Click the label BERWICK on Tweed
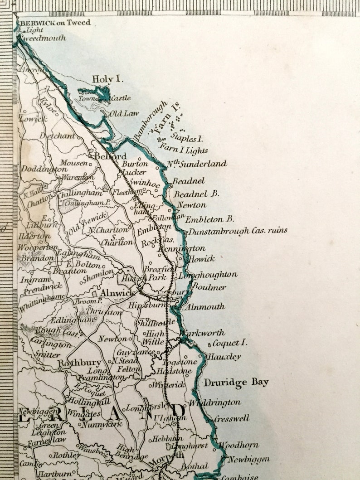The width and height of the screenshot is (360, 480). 54,23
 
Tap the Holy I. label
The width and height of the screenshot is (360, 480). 107,79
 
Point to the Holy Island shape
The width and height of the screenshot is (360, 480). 101,93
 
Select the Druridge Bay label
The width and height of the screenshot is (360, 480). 236,383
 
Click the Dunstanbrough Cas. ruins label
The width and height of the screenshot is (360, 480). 238,231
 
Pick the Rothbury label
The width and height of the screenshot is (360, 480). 79,363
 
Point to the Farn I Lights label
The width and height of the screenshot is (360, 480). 184,150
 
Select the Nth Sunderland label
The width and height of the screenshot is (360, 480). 197,164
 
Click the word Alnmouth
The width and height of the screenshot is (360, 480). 205,307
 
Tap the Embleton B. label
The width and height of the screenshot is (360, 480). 209,219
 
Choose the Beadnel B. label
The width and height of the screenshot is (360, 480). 197,194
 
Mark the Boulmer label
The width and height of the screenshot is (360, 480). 209,287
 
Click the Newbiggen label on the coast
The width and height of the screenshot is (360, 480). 249,460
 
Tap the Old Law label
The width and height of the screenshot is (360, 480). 124,113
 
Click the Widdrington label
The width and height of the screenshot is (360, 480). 215,402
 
